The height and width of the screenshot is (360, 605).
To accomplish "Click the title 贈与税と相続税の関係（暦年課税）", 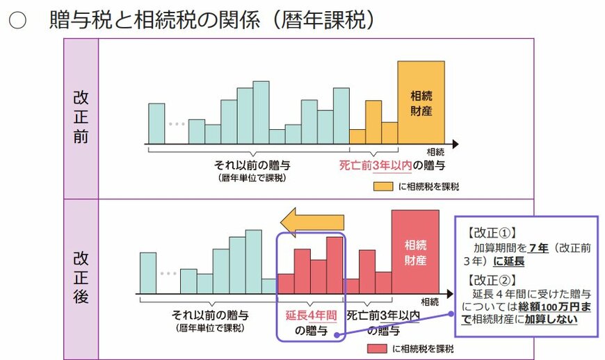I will click(212, 20).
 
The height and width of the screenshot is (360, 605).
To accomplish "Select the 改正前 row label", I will click(81, 117).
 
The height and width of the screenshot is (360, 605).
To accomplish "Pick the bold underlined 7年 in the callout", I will click(537, 248).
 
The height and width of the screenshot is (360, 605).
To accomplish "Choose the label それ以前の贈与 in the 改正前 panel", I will click(252, 165).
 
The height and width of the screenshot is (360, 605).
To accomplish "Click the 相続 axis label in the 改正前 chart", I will click(435, 151).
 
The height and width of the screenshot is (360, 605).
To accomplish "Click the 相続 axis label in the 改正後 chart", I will click(430, 301).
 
